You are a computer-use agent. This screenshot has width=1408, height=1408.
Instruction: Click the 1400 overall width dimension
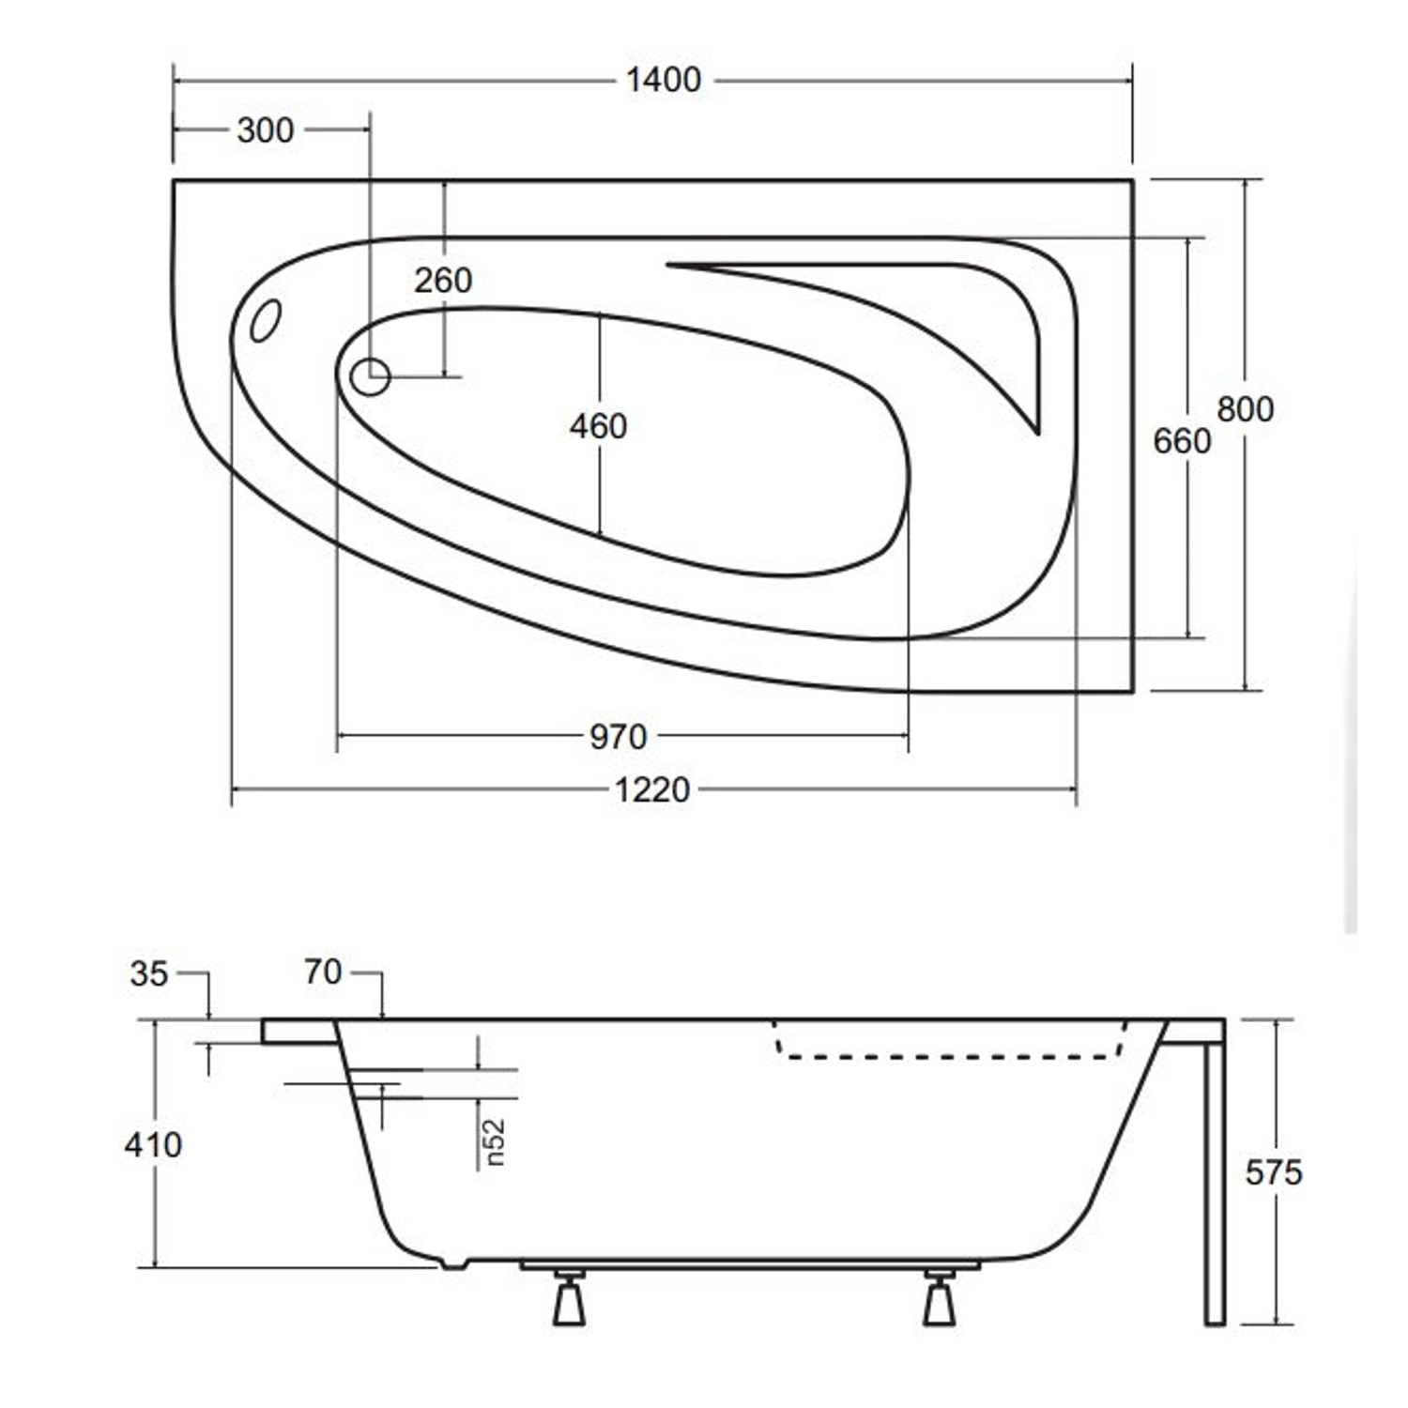coord(663,81)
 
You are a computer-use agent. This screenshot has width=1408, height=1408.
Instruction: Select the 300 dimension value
coord(265,130)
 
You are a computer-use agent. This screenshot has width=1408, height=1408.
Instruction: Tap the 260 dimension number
coord(442,280)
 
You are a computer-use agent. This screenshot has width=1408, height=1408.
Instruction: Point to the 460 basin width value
coord(598,426)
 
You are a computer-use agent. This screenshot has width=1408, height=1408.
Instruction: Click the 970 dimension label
coord(618,737)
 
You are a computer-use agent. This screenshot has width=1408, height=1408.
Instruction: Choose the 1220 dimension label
coord(651,790)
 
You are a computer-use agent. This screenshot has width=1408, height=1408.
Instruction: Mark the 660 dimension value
coord(1181,440)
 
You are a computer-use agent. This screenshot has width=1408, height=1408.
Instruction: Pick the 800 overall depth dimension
coord(1245,409)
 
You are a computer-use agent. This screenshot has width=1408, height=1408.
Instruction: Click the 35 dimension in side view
coord(148,974)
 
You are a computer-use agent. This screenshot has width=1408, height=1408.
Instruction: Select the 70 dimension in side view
coord(322,972)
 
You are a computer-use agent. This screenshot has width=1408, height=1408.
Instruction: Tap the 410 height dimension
coord(153,1145)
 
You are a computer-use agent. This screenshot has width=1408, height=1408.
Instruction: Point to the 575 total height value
coord(1273,1172)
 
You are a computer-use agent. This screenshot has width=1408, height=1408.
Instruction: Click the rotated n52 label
coord(495,1142)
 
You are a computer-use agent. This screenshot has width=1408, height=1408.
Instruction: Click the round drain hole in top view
coord(370,377)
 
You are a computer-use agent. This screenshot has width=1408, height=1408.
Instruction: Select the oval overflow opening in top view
coord(265,320)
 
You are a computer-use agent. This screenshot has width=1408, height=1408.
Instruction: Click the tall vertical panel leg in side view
coord(1215,1183)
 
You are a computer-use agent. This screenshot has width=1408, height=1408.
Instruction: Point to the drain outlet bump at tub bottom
coord(453,1263)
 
